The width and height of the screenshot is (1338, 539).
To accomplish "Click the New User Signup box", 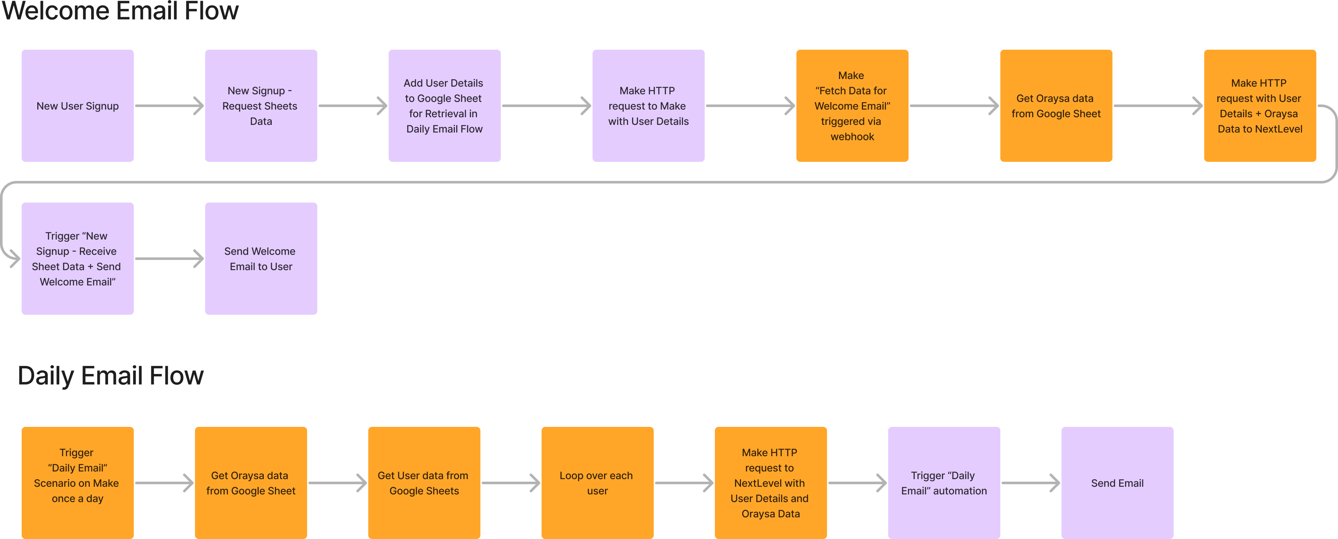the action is click(x=77, y=105).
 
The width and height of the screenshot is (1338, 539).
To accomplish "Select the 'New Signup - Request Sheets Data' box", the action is click(x=261, y=105).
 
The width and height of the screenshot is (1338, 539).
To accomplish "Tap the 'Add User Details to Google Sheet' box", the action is click(x=444, y=105).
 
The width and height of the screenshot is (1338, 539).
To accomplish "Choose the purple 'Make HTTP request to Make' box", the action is click(x=648, y=105).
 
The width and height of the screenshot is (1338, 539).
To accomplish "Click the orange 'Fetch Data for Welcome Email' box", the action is click(x=852, y=105).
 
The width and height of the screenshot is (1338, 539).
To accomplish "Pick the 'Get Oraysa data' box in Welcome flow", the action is click(x=1056, y=105).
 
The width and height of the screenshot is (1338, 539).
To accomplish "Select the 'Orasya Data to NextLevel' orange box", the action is click(x=1260, y=105).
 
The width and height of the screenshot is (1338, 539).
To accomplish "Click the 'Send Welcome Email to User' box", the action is click(x=261, y=258).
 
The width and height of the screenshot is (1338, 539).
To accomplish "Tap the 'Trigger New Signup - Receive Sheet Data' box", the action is click(x=77, y=258).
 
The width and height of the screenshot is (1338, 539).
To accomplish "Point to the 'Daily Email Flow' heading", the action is click(x=111, y=376).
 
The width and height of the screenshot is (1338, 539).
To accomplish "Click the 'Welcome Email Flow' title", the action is click(x=120, y=11).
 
